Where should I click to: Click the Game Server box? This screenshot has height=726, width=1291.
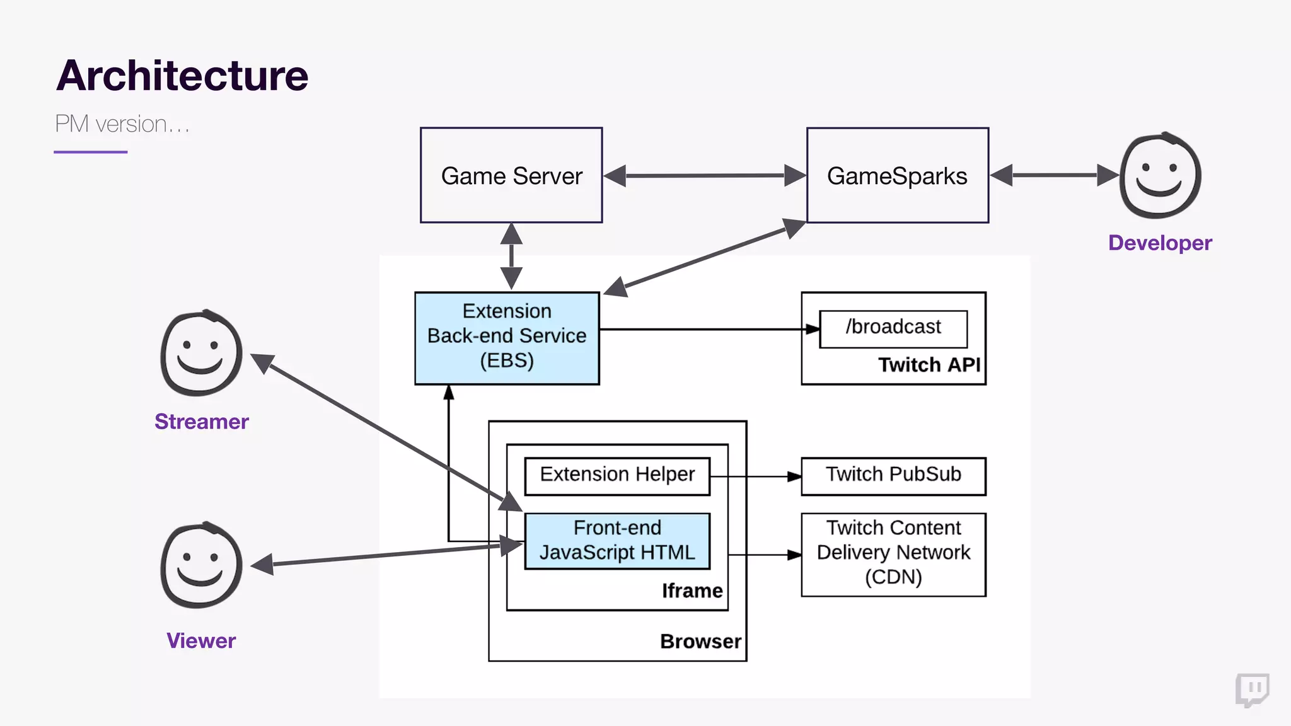pyautogui.click(x=511, y=175)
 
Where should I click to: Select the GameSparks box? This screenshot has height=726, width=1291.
pyautogui.click(x=897, y=175)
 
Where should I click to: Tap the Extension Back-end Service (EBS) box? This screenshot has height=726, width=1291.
pyautogui.click(x=507, y=337)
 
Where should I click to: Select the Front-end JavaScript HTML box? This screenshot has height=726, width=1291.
pyautogui.click(x=617, y=541)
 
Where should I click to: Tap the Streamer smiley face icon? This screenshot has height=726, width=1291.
pyautogui.click(x=201, y=354)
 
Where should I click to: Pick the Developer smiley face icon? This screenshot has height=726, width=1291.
pyautogui.click(x=1160, y=176)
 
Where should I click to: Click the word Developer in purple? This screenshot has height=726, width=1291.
pyautogui.click(x=1160, y=243)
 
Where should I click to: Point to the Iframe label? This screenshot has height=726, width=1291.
pyautogui.click(x=692, y=591)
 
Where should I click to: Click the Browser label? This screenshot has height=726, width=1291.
pyautogui.click(x=700, y=642)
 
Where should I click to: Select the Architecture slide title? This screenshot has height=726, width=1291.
pyautogui.click(x=182, y=76)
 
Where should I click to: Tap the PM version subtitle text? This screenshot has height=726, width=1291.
pyautogui.click(x=122, y=124)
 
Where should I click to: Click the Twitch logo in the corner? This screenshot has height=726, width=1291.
pyautogui.click(x=1252, y=689)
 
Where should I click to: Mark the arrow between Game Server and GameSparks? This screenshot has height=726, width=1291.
pyautogui.click(x=704, y=176)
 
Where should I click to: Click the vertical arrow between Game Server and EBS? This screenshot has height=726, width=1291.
pyautogui.click(x=511, y=256)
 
